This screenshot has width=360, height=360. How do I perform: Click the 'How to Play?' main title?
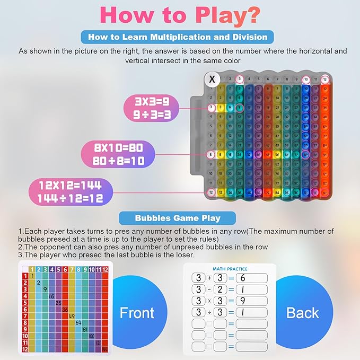click(180, 15)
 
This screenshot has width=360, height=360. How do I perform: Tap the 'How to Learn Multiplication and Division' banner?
click(178, 37)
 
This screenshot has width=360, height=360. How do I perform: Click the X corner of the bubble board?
click(212, 80)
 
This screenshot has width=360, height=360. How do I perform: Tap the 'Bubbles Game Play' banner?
click(177, 218)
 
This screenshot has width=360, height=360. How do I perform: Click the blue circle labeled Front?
click(137, 312)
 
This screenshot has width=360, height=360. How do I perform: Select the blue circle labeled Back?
click(303, 312)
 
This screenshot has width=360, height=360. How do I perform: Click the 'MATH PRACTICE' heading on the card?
click(230, 269)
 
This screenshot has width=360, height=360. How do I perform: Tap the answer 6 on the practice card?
click(249, 279)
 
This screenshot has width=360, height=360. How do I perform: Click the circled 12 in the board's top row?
click(324, 80)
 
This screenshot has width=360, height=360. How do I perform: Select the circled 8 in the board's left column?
click(211, 155)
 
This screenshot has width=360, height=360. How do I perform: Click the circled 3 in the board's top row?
click(240, 80)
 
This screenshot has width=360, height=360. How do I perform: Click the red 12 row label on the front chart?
click(24, 349)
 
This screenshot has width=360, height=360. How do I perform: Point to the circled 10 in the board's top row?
click(306, 80)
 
